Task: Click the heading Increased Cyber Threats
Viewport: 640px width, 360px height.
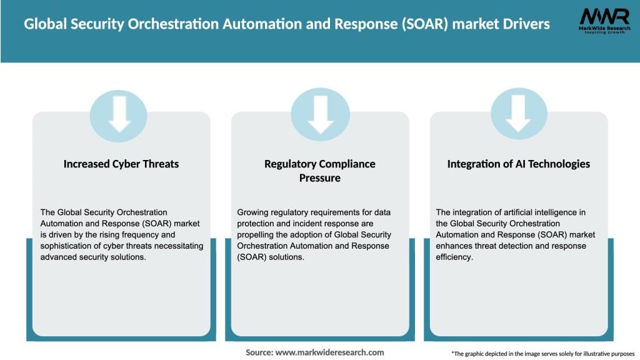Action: [121, 164]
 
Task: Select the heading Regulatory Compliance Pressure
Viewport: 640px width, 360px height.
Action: [320, 171]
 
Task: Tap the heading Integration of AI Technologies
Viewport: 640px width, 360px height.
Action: [518, 164]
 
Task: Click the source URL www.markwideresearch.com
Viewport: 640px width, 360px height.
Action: [329, 352]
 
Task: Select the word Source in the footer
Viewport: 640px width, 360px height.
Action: [258, 352]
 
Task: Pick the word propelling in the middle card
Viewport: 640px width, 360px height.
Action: [257, 235]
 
